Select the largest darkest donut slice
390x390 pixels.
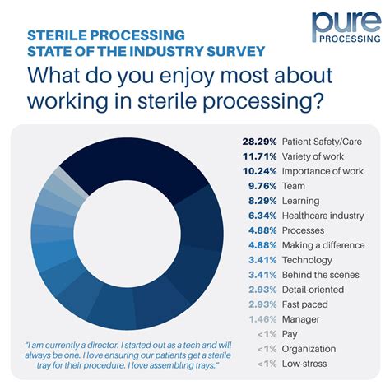(156, 160)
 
